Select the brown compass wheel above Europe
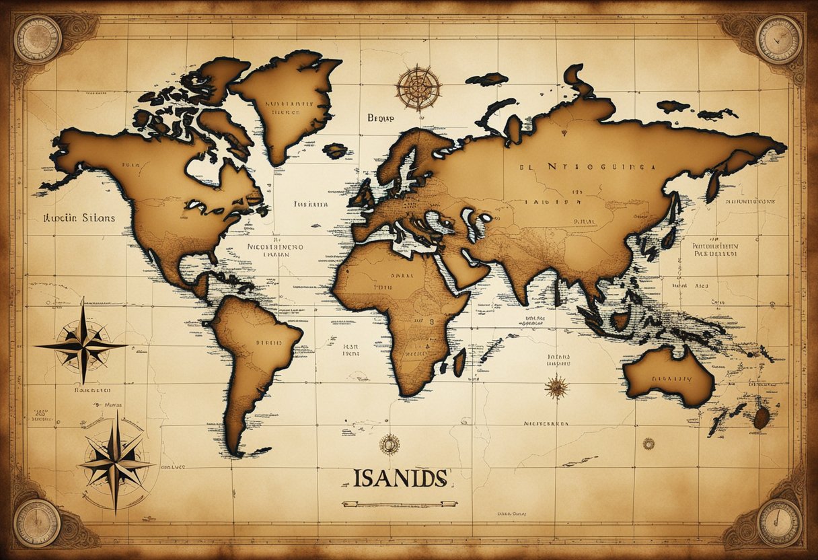[x=418, y=88]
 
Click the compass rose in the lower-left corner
[x=115, y=462]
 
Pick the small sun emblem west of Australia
[x=556, y=386]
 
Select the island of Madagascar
[x=459, y=361]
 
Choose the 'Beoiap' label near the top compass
[x=381, y=117]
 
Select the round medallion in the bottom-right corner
[x=778, y=522]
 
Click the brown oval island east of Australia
[x=761, y=418]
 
